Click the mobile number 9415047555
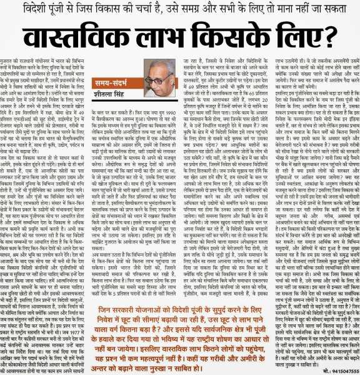click(340, 369)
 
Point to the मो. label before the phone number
click(319, 369)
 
